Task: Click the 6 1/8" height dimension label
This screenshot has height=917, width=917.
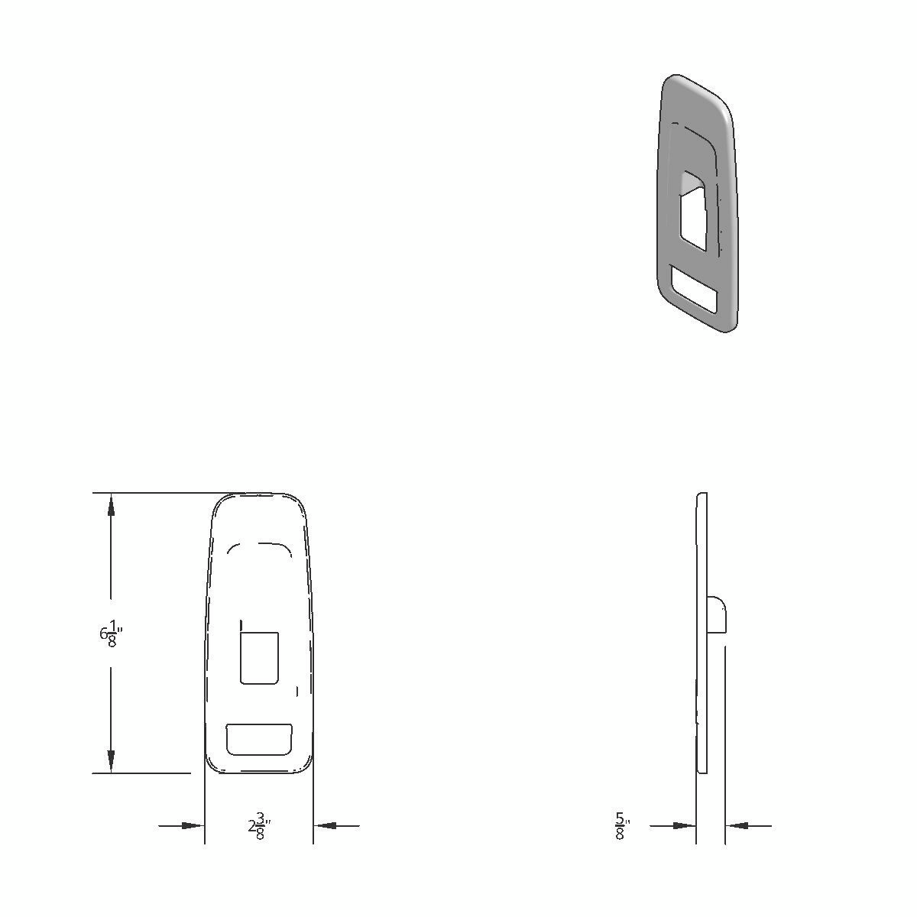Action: (110, 633)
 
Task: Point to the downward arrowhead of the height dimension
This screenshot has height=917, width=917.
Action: (112, 760)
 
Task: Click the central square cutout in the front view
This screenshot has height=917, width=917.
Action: (259, 657)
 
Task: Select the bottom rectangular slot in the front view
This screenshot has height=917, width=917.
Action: (259, 739)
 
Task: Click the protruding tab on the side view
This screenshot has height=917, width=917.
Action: (716, 615)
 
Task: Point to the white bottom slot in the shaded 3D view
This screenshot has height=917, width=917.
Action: (694, 289)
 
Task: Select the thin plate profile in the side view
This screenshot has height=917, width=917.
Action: (702, 688)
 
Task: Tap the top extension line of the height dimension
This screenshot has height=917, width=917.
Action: (153, 493)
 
